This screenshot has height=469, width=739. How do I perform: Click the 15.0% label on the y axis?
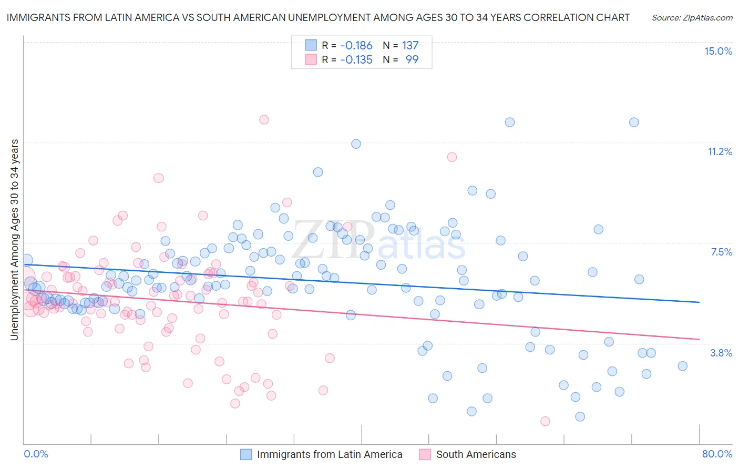pos(718,51)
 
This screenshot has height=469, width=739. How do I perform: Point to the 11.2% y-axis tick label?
pos(720,152)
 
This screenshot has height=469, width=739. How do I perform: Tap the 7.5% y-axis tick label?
pos(721,252)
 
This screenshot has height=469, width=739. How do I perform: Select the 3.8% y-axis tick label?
pos(721,353)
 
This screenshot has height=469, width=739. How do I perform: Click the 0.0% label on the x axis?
pos(36,454)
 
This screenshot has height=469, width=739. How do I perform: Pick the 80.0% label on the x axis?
pos(717,454)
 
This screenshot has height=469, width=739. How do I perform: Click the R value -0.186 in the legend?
pos(356,46)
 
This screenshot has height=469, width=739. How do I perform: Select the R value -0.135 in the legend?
pos(356,60)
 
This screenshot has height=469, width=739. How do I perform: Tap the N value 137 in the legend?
pos(410,46)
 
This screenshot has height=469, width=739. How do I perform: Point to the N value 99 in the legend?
pos(412,60)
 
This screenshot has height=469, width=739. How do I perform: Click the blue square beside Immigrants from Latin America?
pos(246,454)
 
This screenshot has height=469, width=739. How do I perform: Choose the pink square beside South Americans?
pos(425,454)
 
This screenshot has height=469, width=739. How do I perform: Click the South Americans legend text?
pos(476,454)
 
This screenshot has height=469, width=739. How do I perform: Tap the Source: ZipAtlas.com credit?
pos(692,18)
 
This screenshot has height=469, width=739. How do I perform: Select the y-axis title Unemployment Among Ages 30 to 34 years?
pos(15,240)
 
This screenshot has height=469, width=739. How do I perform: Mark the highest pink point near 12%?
pos(264,120)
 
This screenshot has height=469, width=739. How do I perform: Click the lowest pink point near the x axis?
pos(545,421)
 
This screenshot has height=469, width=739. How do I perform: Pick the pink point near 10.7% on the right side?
pos(451,157)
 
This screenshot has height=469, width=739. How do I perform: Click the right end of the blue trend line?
pos(699,302)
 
